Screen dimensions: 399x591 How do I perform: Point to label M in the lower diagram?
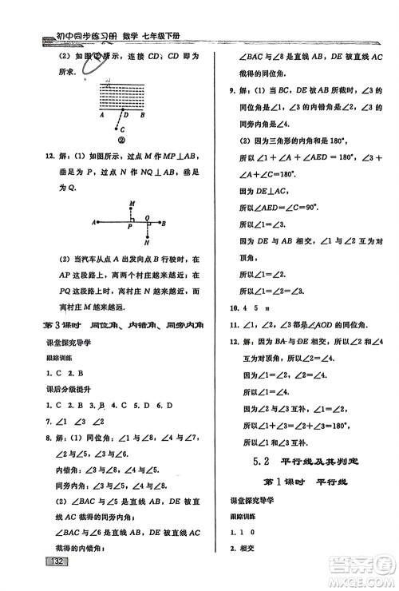pyautogui.click(x=129, y=204)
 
